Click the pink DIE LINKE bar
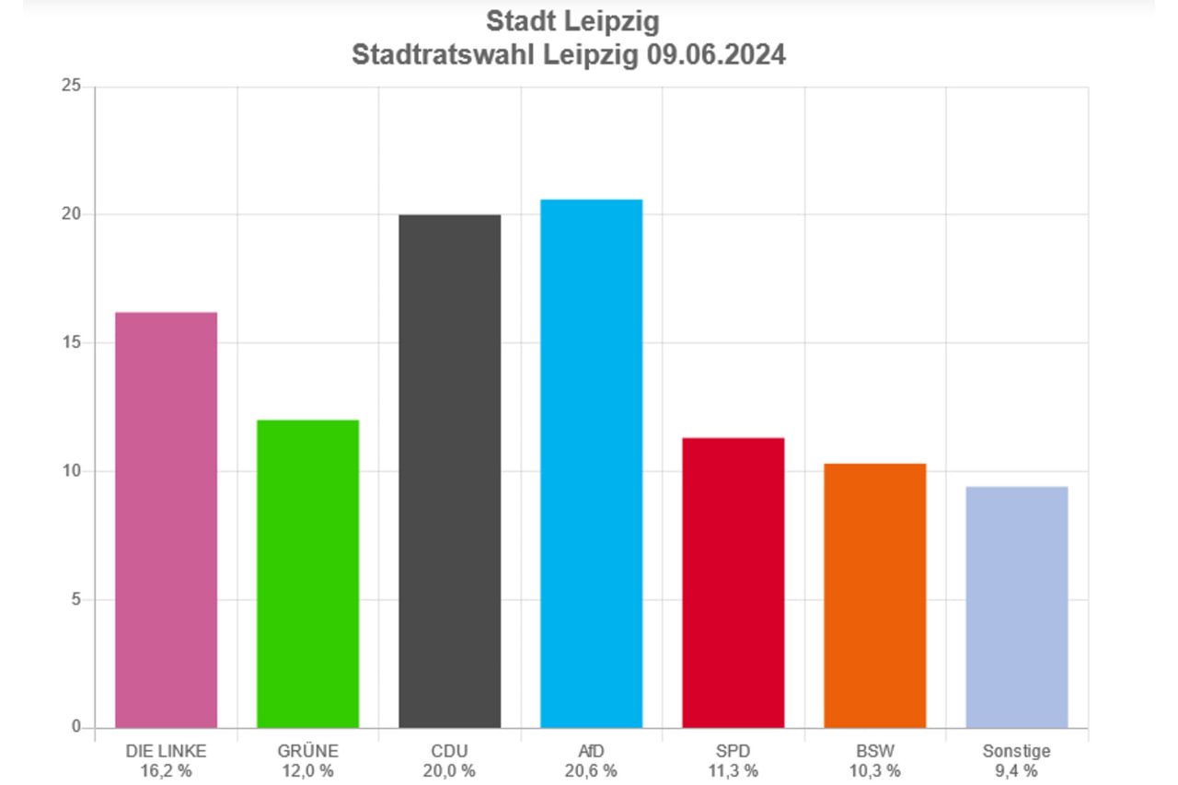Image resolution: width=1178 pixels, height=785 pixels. [x=166, y=520]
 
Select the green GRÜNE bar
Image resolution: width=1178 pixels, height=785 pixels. [x=307, y=573]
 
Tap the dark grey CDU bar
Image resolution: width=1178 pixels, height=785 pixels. [x=450, y=471]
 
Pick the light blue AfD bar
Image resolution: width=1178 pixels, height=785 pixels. [x=591, y=464]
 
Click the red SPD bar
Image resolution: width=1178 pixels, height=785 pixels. [x=733, y=583]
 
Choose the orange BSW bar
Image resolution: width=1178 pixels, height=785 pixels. [x=874, y=595]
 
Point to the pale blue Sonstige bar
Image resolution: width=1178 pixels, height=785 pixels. [x=1016, y=606]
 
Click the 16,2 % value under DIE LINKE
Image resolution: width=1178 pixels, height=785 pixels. [x=166, y=770]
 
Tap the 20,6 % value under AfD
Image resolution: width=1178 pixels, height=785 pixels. [x=591, y=770]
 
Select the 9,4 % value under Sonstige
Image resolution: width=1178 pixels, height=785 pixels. [x=1016, y=770]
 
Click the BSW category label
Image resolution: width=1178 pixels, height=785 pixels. [x=874, y=752]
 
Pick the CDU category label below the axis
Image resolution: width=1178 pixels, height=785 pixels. [x=450, y=752]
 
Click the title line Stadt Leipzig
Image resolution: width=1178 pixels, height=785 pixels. [x=572, y=21]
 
